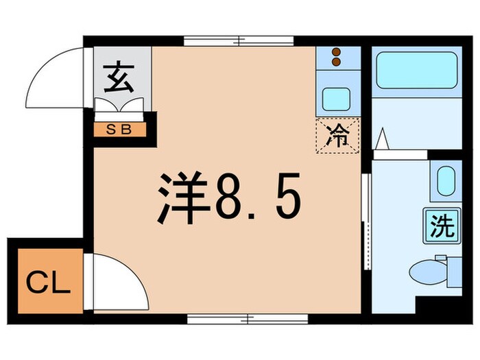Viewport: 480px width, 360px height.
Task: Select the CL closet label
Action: (48, 282)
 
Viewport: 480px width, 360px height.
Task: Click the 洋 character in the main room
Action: (182, 198)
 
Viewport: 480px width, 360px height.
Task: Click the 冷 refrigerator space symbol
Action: (337, 135)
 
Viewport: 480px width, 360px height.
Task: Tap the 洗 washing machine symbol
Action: (442, 226)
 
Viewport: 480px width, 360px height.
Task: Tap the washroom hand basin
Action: (446, 181)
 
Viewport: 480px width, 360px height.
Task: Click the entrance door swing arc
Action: (55, 75)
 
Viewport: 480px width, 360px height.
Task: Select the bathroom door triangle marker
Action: (384, 140)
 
